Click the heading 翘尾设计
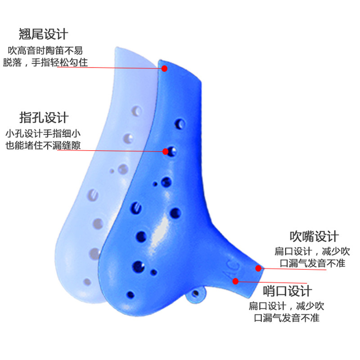click(x=43, y=34)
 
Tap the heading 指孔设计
click(x=43, y=117)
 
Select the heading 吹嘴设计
click(x=314, y=236)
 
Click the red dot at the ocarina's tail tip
click(x=165, y=68)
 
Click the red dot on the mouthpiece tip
click(x=258, y=268)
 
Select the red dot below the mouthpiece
click(x=235, y=281)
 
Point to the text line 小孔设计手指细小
click(x=43, y=134)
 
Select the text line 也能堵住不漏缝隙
click(x=43, y=146)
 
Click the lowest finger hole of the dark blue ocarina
click(x=131, y=295)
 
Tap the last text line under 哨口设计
click(x=286, y=319)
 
